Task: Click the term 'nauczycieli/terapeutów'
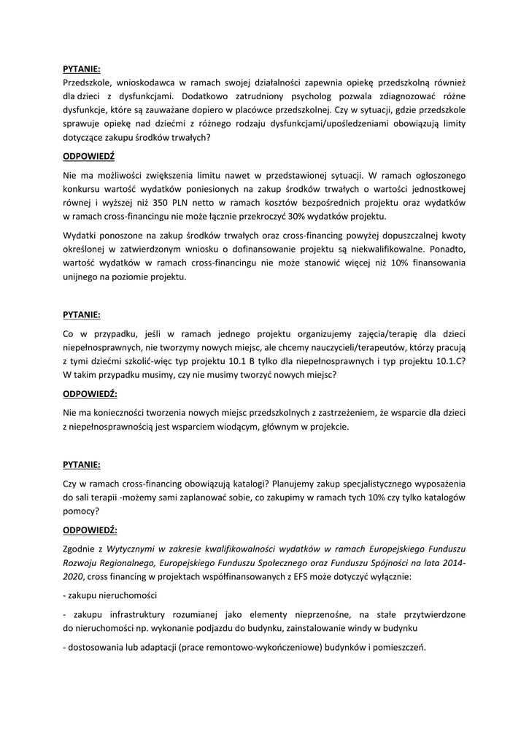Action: tap(363, 348)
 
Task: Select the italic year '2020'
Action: tap(74, 576)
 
